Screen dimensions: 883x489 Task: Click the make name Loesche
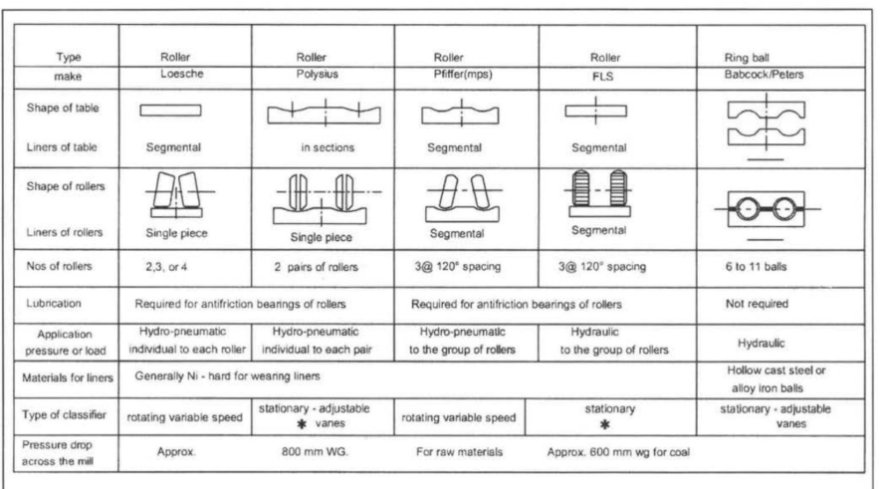coord(182,74)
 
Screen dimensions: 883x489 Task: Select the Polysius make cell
coord(317,75)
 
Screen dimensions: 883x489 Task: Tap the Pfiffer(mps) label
coord(463,75)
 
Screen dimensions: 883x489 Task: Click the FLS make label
coord(602,77)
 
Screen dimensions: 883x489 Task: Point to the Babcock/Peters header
coord(764,75)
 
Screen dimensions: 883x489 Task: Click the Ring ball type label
coord(747,58)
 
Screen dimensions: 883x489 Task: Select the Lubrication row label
coord(54,304)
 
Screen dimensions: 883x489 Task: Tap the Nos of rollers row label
coord(59,266)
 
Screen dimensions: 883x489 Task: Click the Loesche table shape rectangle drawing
coord(170,110)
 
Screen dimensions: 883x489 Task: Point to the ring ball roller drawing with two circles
coord(767,209)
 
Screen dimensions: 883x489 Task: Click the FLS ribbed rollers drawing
coord(599,193)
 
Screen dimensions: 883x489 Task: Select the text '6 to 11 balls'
coord(756,267)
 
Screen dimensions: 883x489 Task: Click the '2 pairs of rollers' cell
coord(316,267)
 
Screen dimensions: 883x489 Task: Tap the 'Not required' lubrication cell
coord(757,304)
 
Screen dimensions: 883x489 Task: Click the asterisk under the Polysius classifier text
coord(302,423)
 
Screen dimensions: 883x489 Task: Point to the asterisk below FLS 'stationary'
coord(605,424)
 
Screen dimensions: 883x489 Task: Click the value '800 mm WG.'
coord(315,452)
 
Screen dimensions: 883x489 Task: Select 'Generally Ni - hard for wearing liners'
coord(227,375)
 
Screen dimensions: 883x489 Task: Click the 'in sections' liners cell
coord(328,147)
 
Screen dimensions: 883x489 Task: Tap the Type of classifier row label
coord(64,414)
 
